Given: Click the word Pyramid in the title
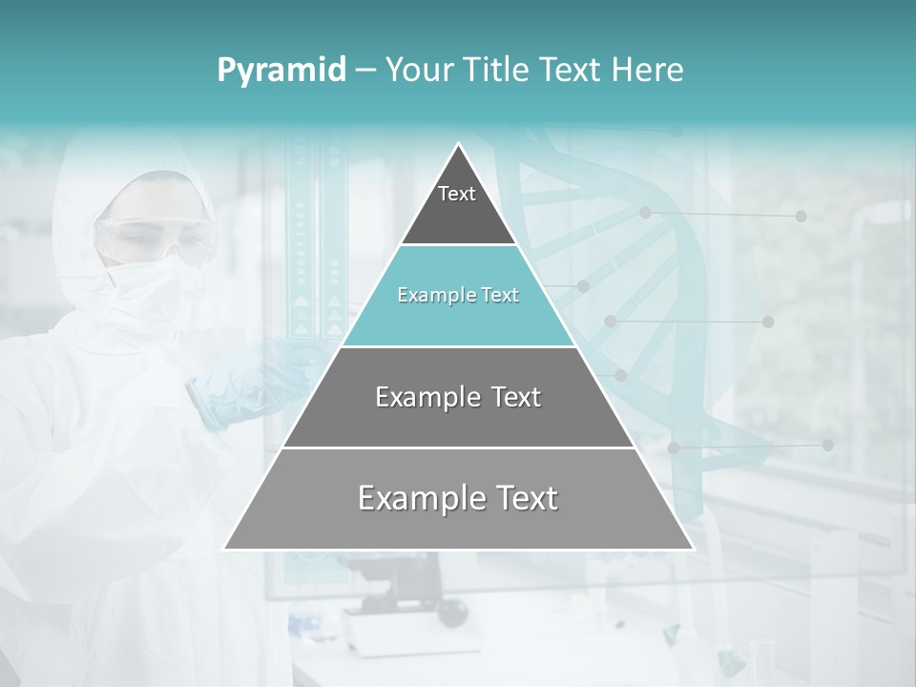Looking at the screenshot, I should coord(281,71).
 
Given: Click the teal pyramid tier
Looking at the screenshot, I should coord(458,296).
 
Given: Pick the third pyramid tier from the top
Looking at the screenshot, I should coord(458,398).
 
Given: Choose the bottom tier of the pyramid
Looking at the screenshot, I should coord(458,500).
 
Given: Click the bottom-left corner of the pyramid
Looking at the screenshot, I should coord(226,549).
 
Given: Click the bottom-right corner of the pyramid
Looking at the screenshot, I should coord(692,549).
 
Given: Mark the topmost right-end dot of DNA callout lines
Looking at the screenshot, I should coord(801,217).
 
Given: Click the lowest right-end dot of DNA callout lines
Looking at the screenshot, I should coord(827,445).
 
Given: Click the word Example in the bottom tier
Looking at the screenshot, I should coord(411,498).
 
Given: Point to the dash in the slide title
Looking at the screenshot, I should coord(364,71).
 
